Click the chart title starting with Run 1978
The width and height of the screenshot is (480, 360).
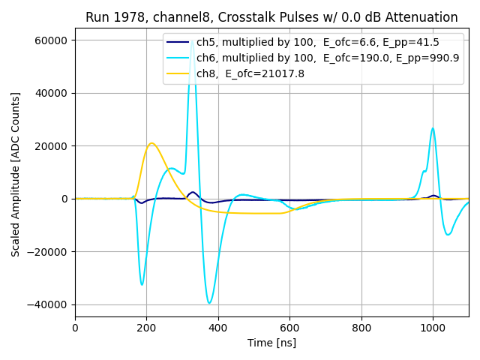tap(271, 17)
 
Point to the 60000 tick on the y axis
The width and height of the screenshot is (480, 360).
tap(52, 40)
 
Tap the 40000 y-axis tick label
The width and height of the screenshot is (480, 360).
tap(52, 93)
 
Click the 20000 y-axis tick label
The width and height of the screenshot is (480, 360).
tap(52, 146)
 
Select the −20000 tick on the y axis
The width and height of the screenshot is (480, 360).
tap(49, 252)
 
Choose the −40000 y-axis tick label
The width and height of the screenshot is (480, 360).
tap(49, 304)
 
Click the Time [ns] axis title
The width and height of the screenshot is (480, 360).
tap(271, 343)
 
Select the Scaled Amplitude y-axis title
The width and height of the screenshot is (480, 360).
tap(16, 181)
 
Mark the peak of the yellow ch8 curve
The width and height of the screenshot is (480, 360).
tap(151, 143)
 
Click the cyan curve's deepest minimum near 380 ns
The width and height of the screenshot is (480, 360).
tap(210, 303)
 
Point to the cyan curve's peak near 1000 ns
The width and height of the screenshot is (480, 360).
tap(433, 128)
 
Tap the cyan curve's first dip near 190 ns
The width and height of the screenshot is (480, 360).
tap(142, 284)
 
